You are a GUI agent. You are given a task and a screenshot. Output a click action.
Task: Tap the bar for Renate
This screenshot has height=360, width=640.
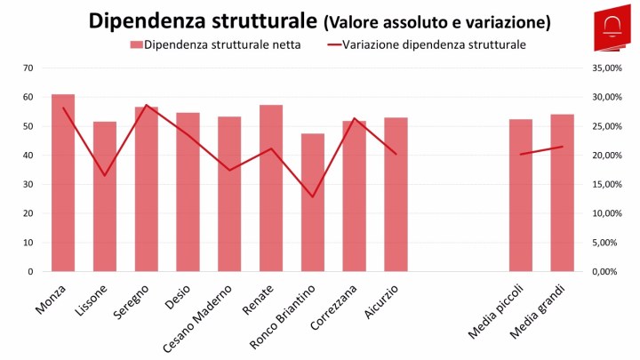pyautogui.click(x=271, y=188)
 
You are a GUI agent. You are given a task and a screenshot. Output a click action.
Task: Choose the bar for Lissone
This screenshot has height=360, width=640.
pyautogui.click(x=105, y=196)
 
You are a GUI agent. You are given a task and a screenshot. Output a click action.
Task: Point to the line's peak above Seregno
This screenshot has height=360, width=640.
pyautogui.click(x=147, y=105)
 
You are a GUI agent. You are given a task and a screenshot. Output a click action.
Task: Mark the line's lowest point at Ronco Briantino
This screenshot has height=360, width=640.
pyautogui.click(x=313, y=196)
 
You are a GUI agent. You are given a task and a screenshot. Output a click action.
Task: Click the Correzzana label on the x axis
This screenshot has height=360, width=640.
pyautogui.click(x=335, y=308)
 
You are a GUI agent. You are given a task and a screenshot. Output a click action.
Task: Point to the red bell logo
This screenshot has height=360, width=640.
pyautogui.click(x=613, y=27)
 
